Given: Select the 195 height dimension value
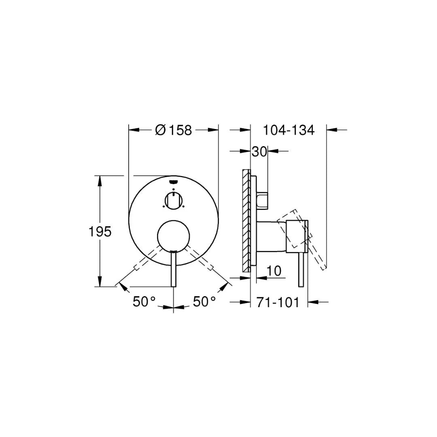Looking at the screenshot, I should pyautogui.click(x=100, y=232).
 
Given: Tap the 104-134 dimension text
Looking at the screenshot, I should pyautogui.click(x=289, y=130).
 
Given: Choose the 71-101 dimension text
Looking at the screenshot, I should pyautogui.click(x=278, y=302).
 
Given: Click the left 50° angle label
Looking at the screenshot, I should pyautogui.click(x=144, y=301).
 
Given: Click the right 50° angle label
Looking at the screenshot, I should pyautogui.click(x=204, y=301).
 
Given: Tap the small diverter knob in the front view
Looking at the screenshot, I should pyautogui.click(x=174, y=200).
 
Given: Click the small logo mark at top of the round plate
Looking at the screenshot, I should pyautogui.click(x=174, y=182).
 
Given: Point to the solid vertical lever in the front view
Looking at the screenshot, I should pyautogui.click(x=174, y=269).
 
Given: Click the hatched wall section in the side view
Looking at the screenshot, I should pyautogui.click(x=246, y=221).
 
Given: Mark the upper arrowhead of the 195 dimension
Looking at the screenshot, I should pyautogui.click(x=100, y=180).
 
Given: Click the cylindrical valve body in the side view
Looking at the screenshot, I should pyautogui.click(x=272, y=237).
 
